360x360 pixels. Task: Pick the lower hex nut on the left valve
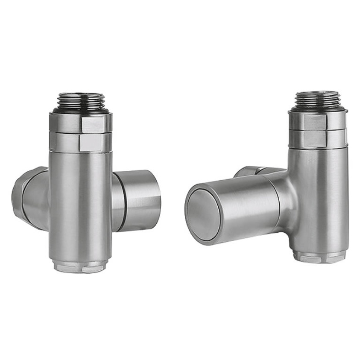coord(81,141)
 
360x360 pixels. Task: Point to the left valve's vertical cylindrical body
coord(81,201)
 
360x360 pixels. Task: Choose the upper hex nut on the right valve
coord(318,121)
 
